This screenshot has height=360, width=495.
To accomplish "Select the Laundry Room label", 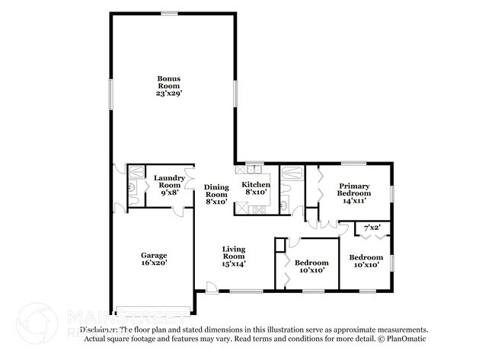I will [x=168, y=182].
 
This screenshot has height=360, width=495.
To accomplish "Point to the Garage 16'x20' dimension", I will [x=153, y=263].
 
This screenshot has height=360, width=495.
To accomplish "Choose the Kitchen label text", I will [x=256, y=184].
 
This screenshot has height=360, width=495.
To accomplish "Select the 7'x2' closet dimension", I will [x=372, y=228].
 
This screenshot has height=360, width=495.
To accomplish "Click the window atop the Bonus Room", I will [x=169, y=12].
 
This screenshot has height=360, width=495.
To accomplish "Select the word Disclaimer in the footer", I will [x=94, y=330].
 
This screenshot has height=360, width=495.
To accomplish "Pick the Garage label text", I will [x=153, y=255].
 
